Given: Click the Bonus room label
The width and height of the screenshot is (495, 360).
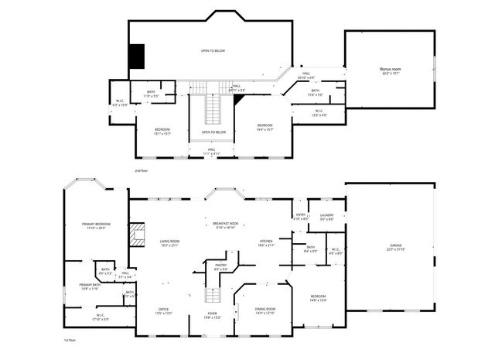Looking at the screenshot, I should pos(390,69).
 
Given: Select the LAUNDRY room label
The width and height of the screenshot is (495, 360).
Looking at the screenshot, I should pos(326,215).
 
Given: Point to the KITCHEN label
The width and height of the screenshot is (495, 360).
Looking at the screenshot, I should pos(266,242).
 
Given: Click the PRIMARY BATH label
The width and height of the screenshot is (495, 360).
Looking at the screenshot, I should pos(90,284).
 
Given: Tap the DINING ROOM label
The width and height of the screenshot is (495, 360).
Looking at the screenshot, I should pos(265,308).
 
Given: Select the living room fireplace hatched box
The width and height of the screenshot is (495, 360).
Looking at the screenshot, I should pos(138,234).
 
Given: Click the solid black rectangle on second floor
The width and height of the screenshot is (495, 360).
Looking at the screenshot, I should pos(137,55).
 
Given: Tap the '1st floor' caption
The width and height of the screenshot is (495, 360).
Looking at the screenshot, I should pos(70,339).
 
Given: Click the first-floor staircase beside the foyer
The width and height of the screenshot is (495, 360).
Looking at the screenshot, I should pos(211,295).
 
